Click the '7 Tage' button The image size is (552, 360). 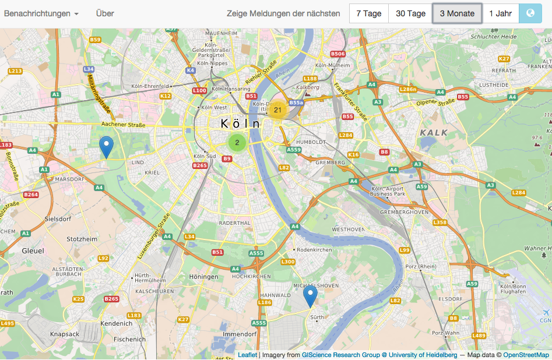[368, 13]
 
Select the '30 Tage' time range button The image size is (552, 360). [410, 13]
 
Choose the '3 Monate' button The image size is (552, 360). [457, 13]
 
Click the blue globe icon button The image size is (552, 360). [530, 13]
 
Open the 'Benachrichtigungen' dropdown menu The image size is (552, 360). [41, 13]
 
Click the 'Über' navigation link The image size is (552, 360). [105, 13]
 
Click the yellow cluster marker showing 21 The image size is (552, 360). [277, 110]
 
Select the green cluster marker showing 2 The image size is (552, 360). [237, 142]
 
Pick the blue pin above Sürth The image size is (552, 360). [311, 295]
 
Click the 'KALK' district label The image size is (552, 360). [434, 133]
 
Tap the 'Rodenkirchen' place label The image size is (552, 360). [315, 250]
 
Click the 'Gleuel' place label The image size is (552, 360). [33, 250]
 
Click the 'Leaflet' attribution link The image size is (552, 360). [247, 355]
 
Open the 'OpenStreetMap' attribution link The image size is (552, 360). [526, 355]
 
